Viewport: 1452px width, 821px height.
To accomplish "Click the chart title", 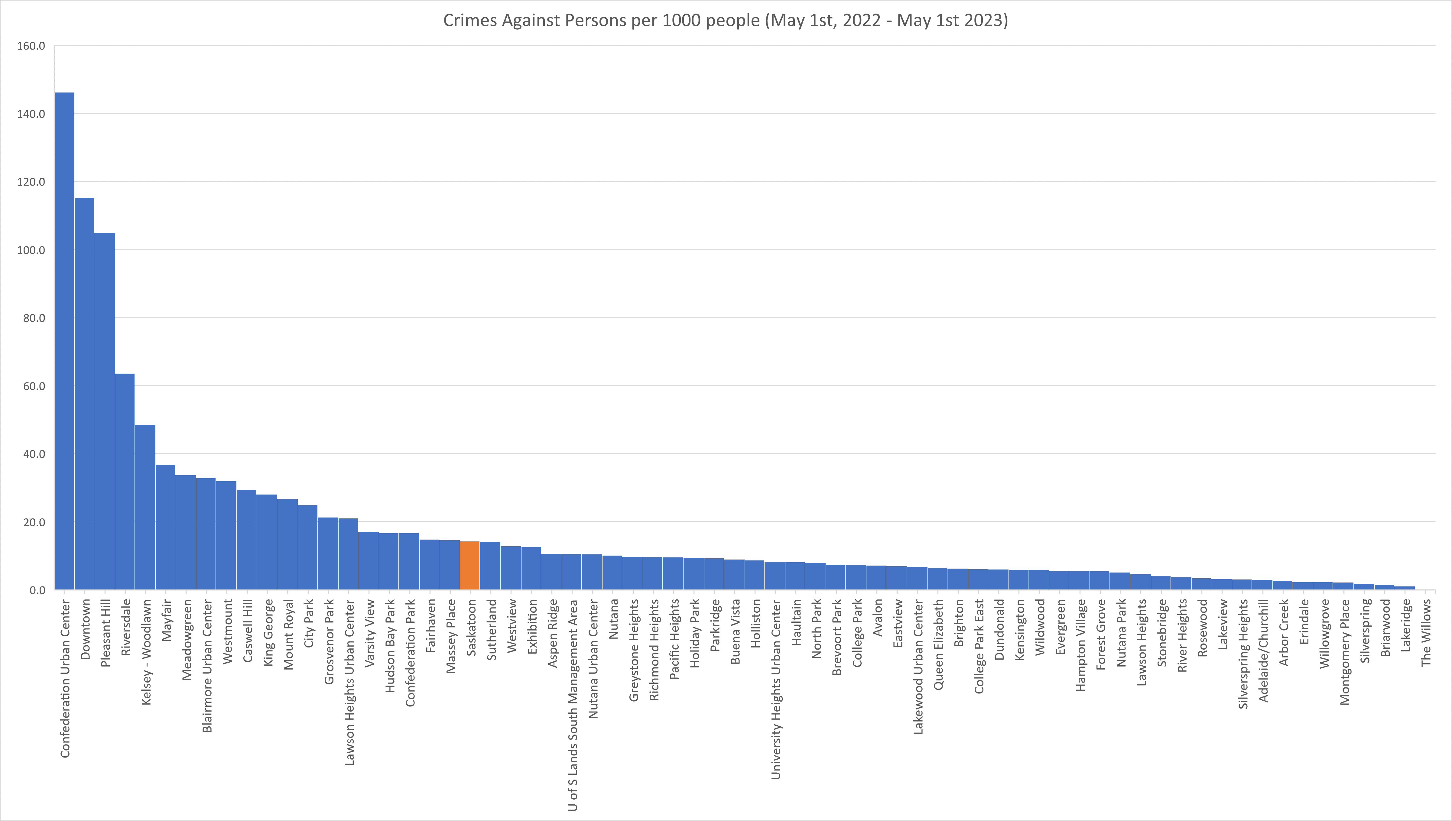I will (725, 20).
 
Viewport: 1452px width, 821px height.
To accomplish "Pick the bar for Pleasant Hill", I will (105, 412).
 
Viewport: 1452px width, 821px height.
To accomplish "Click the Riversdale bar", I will (125, 482).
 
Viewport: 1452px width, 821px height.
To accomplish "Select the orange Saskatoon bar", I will (470, 566).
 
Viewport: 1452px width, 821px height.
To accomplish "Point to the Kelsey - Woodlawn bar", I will (145, 508).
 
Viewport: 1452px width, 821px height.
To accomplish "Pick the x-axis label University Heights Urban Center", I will (776, 689).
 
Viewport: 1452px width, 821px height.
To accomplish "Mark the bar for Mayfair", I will (165, 527).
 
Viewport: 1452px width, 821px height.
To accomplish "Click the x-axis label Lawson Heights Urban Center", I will (349, 682).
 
